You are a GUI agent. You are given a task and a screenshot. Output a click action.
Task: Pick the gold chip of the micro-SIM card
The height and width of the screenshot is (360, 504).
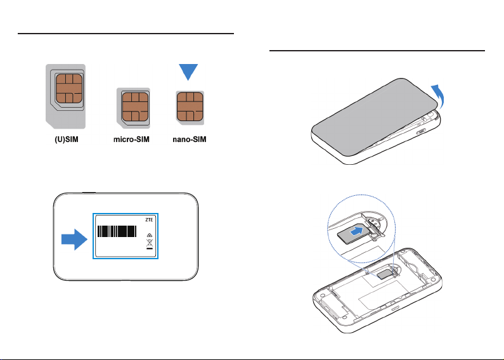tap(134, 108)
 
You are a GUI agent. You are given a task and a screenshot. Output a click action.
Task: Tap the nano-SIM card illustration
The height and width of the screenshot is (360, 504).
tap(190, 108)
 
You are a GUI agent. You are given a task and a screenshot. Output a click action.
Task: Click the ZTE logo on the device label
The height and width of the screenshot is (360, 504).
tap(149, 219)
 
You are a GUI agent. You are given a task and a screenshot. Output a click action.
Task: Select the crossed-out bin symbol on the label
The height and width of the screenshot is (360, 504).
tap(150, 241)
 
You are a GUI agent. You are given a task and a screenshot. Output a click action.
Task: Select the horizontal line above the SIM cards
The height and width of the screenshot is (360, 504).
tap(127, 33)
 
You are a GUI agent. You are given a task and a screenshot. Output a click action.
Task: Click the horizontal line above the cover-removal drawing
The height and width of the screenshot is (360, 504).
tap(377, 50)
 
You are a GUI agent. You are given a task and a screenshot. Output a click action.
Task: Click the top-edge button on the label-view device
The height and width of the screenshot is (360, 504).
tap(89, 191)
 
